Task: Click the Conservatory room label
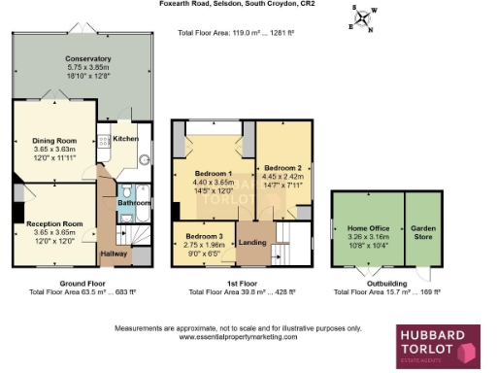pyautogui.click(x=81, y=58)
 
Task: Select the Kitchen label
pyautogui.click(x=126, y=139)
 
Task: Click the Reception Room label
pyautogui.click(x=54, y=223)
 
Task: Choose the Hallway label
pyautogui.click(x=116, y=254)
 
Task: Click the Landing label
pyautogui.click(x=252, y=242)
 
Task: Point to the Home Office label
pyautogui.click(x=367, y=227)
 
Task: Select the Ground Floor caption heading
pyautogui.click(x=83, y=283)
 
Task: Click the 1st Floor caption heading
pyautogui.click(x=242, y=283)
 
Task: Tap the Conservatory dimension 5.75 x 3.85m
pyautogui.click(x=81, y=66)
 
